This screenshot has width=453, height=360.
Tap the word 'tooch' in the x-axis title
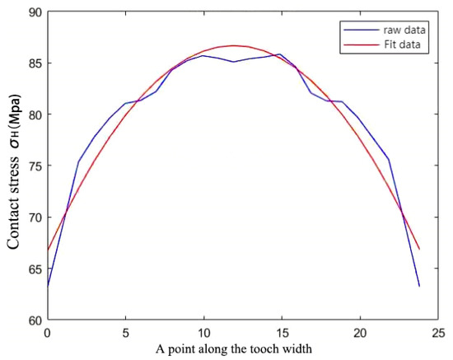tap(264, 348)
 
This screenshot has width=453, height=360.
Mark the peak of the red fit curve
tap(235, 45)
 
